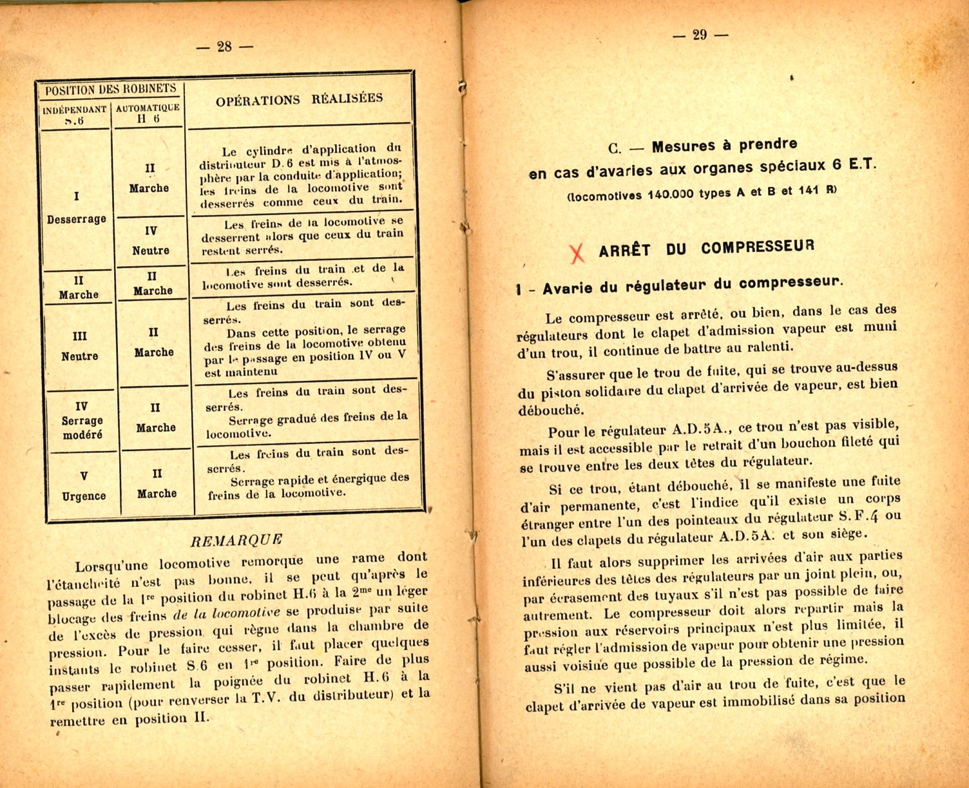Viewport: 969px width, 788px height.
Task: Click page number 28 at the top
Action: point(224,46)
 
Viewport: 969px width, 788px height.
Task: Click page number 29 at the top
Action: point(700,35)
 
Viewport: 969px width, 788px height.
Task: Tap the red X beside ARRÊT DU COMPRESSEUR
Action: point(577,252)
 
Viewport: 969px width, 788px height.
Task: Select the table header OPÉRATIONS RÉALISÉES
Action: point(299,99)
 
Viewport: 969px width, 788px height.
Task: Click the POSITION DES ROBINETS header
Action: point(110,90)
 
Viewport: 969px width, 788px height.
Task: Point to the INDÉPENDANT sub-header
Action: point(75,110)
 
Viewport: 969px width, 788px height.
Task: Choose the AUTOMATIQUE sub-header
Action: point(148,108)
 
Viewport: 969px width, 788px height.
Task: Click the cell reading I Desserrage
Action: point(77,207)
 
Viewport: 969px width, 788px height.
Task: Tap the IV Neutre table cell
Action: point(151,240)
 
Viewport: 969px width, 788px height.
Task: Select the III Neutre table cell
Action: point(80,346)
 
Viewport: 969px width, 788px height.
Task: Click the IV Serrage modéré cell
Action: point(82,420)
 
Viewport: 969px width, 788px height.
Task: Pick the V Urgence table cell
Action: point(84,486)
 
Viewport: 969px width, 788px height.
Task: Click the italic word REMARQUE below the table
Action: point(237,540)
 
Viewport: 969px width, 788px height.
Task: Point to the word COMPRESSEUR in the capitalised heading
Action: point(758,247)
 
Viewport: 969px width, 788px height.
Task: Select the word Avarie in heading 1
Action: point(567,288)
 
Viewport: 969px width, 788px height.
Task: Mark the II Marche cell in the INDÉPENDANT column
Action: point(79,287)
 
